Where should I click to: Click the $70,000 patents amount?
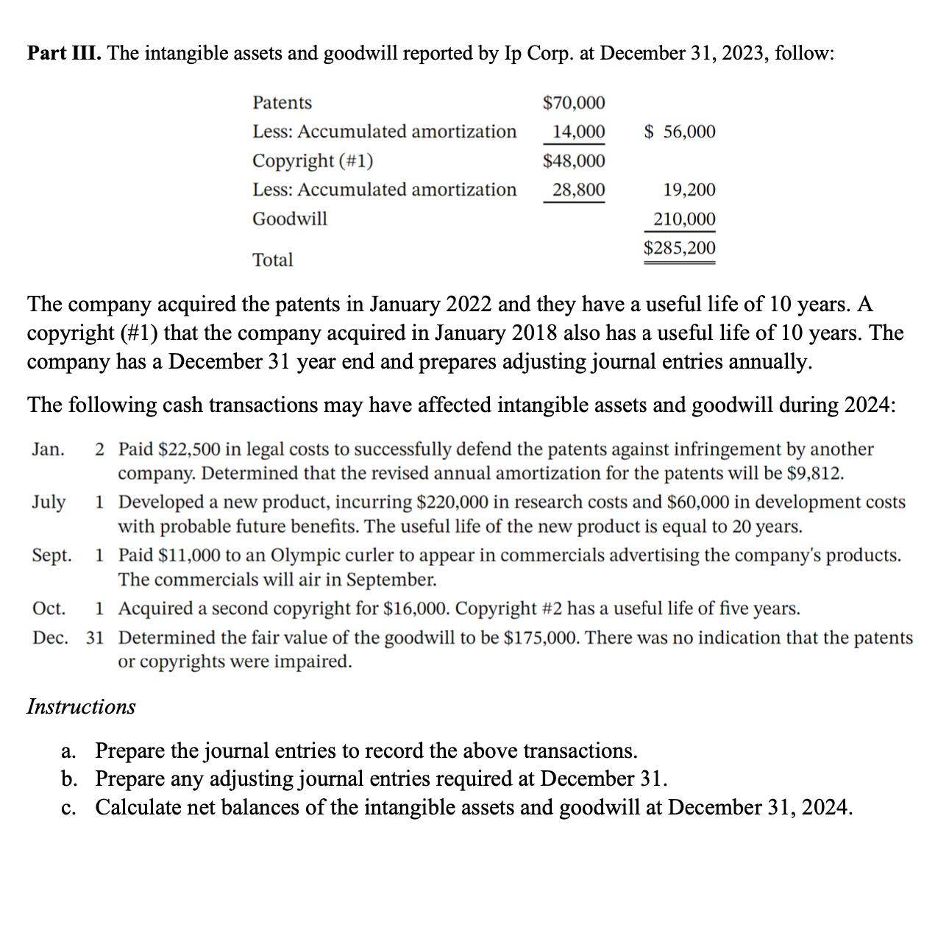[x=574, y=103]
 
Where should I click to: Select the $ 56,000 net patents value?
[x=680, y=132]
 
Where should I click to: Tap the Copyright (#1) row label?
[x=313, y=160]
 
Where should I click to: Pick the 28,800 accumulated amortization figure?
[x=579, y=190]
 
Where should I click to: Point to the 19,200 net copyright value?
[x=689, y=190]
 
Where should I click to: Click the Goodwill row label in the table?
[x=290, y=219]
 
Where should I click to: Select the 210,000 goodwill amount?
[x=685, y=219]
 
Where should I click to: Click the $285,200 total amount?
[x=680, y=248]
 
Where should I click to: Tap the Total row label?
[x=272, y=260]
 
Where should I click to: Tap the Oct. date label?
[x=49, y=608]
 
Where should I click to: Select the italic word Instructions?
[x=81, y=706]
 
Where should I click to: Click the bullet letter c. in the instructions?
[x=68, y=808]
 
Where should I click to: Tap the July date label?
[x=49, y=502]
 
